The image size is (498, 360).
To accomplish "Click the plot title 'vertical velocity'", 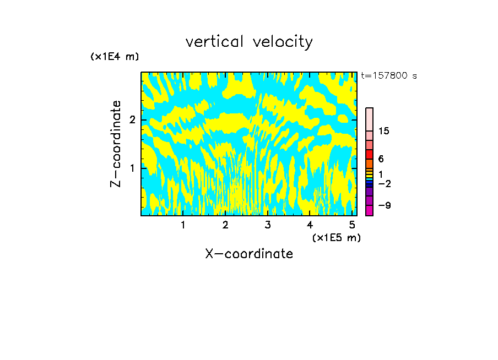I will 249,42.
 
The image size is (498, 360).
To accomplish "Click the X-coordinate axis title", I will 249,254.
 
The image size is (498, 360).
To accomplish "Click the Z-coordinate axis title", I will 116,144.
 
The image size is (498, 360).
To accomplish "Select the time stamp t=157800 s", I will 388,76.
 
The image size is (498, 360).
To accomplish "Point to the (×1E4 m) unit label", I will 115,57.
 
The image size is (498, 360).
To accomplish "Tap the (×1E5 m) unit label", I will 336,237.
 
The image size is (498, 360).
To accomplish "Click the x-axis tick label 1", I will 183,225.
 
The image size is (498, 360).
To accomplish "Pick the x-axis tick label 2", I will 225,225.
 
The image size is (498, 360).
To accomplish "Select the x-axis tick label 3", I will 267,225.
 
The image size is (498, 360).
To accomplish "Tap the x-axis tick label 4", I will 310,225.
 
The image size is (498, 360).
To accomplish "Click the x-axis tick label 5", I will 352,225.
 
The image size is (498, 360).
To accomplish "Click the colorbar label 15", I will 384,131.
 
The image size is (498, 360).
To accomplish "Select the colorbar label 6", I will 381,159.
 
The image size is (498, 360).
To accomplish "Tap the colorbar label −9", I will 383,205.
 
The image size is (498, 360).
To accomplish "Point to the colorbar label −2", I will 383,184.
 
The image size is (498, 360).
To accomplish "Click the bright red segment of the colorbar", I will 369,155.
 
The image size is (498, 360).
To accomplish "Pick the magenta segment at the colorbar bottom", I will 369,210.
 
